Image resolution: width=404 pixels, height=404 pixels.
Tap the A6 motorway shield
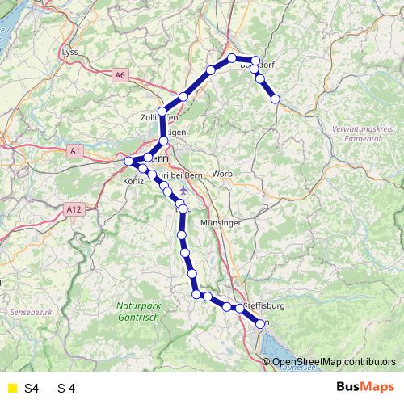coord(120,75)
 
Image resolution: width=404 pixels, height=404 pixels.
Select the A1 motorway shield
coord(75,150)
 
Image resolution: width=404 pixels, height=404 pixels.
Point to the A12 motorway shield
coord(75,209)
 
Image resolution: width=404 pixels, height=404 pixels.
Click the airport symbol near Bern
coord(182,190)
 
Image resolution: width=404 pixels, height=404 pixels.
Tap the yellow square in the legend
coord(11,388)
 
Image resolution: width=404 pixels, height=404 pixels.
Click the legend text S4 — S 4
coord(50,388)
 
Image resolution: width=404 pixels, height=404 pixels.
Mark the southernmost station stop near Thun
coord(260,324)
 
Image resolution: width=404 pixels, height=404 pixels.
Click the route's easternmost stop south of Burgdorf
coord(276,99)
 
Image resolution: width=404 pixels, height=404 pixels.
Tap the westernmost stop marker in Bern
coord(128,162)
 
